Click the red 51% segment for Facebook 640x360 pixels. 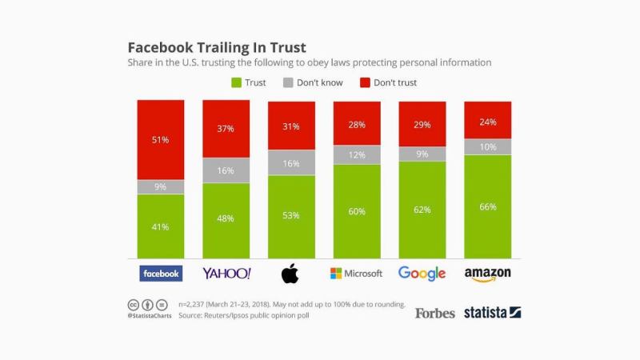tap(161, 140)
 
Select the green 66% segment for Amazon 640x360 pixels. tap(487, 206)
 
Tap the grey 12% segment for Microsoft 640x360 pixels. tap(357, 154)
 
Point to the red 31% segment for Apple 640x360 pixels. tap(291, 126)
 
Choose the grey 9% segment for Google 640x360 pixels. tap(422, 154)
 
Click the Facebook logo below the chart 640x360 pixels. tap(161, 274)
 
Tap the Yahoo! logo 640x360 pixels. tap(226, 274)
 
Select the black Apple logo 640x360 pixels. tap(291, 274)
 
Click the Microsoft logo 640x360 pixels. tap(357, 274)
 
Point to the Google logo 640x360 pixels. tap(422, 274)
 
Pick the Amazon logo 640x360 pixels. tap(487, 274)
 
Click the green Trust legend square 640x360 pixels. tap(236, 82)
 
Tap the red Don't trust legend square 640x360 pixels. tap(366, 82)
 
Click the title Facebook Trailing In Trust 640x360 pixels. tap(217, 47)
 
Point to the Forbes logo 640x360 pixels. tap(434, 313)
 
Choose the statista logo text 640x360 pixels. tap(485, 313)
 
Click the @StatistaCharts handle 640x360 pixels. tap(149, 316)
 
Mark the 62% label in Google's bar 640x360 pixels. tap(422, 210)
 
